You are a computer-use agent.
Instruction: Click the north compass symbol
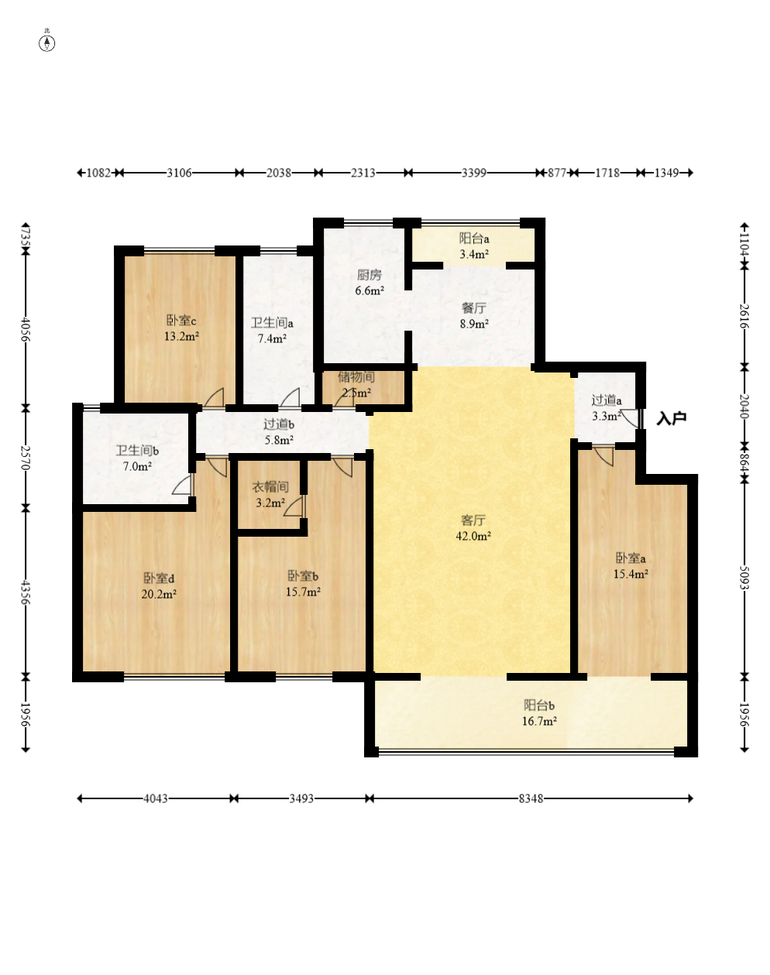coord(46,43)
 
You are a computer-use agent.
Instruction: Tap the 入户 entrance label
coord(671,419)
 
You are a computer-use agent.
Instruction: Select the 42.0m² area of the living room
coord(473,537)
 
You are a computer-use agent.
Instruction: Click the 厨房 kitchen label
coord(369,275)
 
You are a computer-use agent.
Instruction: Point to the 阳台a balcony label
coord(474,239)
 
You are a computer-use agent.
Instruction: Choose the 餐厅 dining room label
coord(474,308)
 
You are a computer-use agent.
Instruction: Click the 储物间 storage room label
coord(356,376)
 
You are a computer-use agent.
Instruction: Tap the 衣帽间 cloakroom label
coord(270,487)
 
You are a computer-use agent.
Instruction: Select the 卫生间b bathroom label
coord(137,451)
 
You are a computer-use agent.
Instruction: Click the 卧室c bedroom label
coord(181,321)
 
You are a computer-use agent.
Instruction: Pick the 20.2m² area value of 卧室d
coord(159,594)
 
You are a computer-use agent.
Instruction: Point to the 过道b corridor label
coord(279,424)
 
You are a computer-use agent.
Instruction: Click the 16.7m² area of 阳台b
coord(539,721)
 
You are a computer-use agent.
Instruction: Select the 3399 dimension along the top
coord(474,173)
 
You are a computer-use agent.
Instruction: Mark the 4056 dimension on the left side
coord(26,329)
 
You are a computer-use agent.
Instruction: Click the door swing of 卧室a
coord(604,456)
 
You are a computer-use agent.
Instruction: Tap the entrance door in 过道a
coord(631,417)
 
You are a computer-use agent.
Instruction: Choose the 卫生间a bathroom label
coord(272,323)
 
